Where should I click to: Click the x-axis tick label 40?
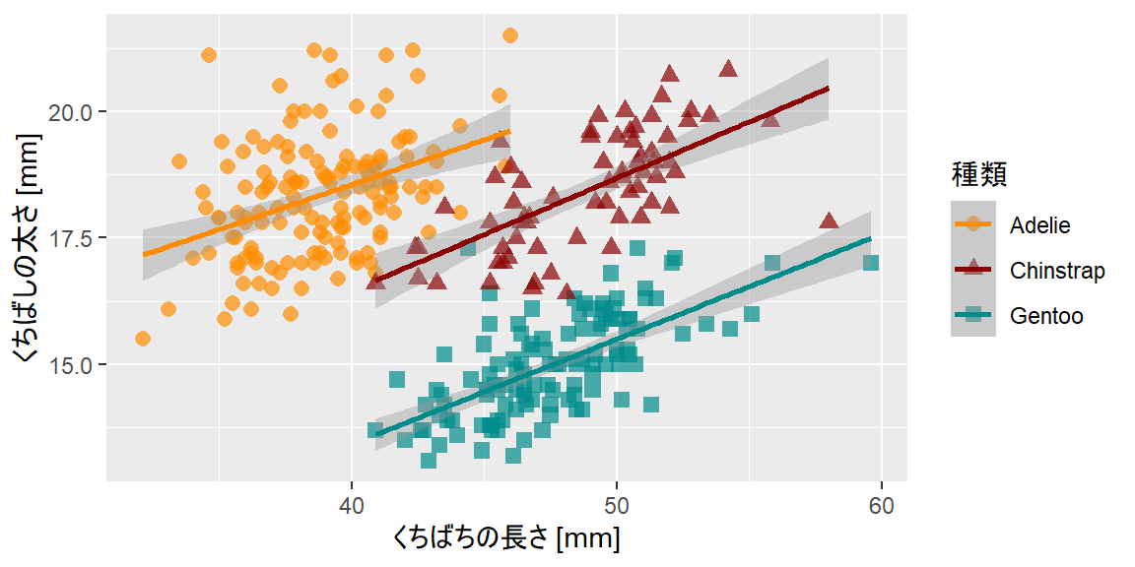[x=352, y=506]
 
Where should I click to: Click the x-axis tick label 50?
[x=617, y=506]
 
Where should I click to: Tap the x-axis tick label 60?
[x=881, y=506]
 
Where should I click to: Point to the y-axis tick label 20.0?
[x=71, y=112]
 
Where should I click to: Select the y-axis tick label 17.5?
[x=71, y=238]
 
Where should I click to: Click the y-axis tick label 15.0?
[x=71, y=364]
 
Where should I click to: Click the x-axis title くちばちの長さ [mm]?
[x=505, y=539]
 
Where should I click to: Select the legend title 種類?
[x=978, y=175]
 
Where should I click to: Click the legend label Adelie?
[x=1039, y=224]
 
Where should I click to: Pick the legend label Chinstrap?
[x=1057, y=271]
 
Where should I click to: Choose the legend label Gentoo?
[x=1046, y=316]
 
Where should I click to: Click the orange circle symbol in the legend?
[x=973, y=224]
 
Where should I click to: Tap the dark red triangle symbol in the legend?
[x=973, y=270]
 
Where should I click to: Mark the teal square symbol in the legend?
[x=973, y=316]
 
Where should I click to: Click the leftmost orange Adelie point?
[x=143, y=339]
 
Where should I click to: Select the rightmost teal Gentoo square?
[x=871, y=263]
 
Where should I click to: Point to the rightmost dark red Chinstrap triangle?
[x=829, y=220]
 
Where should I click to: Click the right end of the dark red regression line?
[x=829, y=88]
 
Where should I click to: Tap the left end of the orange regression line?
[x=144, y=255]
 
